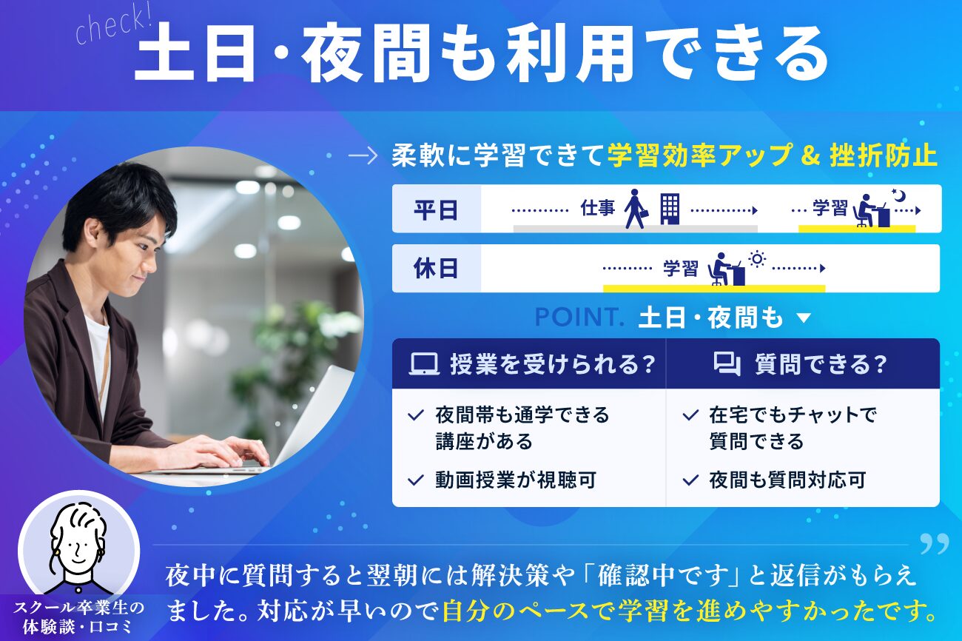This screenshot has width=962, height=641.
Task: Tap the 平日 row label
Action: click(435, 210)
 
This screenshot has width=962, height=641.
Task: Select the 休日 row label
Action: click(435, 269)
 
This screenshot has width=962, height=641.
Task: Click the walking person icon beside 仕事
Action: click(636, 209)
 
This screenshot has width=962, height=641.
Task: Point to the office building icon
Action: click(670, 209)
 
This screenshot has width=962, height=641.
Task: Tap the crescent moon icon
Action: click(898, 195)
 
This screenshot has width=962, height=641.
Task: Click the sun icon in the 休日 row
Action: click(757, 259)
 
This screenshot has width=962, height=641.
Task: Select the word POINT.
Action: click(579, 317)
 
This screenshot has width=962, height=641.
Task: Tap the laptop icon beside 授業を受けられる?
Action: click(424, 364)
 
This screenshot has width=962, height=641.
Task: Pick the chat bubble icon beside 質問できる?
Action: click(727, 364)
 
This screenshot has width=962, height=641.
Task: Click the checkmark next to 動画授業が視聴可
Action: click(416, 480)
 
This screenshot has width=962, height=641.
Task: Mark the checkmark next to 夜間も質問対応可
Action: click(690, 480)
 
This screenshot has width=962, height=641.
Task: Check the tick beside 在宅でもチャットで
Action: click(690, 415)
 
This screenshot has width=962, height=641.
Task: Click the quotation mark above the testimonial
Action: click(935, 544)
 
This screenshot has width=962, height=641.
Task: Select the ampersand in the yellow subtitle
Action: click(810, 156)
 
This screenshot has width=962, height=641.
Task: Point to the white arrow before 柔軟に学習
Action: click(363, 156)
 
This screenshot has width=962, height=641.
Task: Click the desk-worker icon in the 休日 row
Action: click(726, 269)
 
